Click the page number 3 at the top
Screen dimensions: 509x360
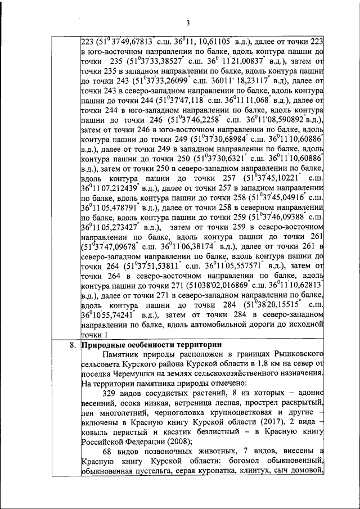188,22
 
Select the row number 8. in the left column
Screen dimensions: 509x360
71,345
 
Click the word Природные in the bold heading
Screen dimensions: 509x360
103,345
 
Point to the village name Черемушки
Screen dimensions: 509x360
138,375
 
